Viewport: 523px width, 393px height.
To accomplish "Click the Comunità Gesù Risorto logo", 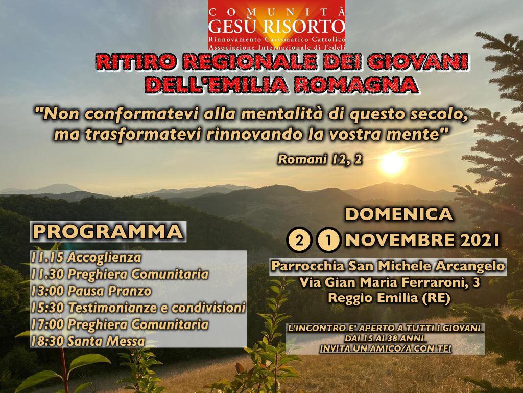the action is [276, 25].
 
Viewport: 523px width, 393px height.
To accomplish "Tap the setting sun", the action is [392, 163].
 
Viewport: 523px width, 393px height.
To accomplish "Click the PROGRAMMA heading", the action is [108, 232].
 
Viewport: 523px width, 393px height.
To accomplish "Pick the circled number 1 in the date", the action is [329, 239].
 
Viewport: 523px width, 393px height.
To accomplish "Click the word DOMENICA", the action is [399, 214].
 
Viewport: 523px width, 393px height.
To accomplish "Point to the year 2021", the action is [480, 239].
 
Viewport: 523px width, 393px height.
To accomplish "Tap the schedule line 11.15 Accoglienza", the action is [86, 258].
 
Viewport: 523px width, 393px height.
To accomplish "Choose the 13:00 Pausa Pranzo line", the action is [91, 291].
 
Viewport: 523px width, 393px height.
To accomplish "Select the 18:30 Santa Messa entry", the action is [88, 341].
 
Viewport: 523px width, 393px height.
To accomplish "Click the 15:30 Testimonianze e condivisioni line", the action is [138, 308].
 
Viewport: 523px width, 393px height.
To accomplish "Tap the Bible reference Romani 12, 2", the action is [320, 160].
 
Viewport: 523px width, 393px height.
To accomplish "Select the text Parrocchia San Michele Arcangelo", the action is [388, 266].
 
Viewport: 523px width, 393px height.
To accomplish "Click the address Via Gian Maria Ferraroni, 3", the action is [390, 282].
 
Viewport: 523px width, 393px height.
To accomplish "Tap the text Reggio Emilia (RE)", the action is [389, 298].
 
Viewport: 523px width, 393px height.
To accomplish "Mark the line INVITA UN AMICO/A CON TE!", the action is [386, 348].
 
